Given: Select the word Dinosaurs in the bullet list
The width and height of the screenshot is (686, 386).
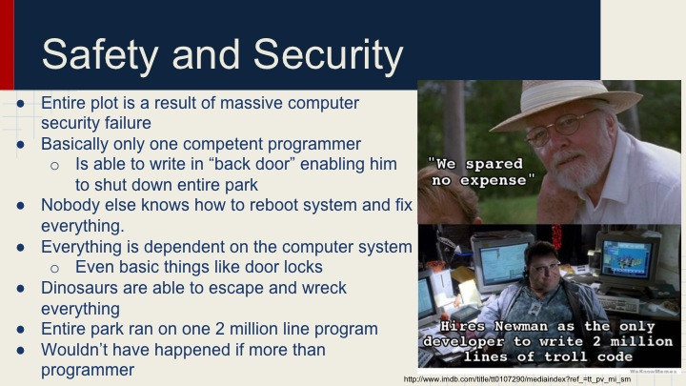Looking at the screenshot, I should click(83, 287).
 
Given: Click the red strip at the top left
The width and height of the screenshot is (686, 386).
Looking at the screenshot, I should click(7, 43).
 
